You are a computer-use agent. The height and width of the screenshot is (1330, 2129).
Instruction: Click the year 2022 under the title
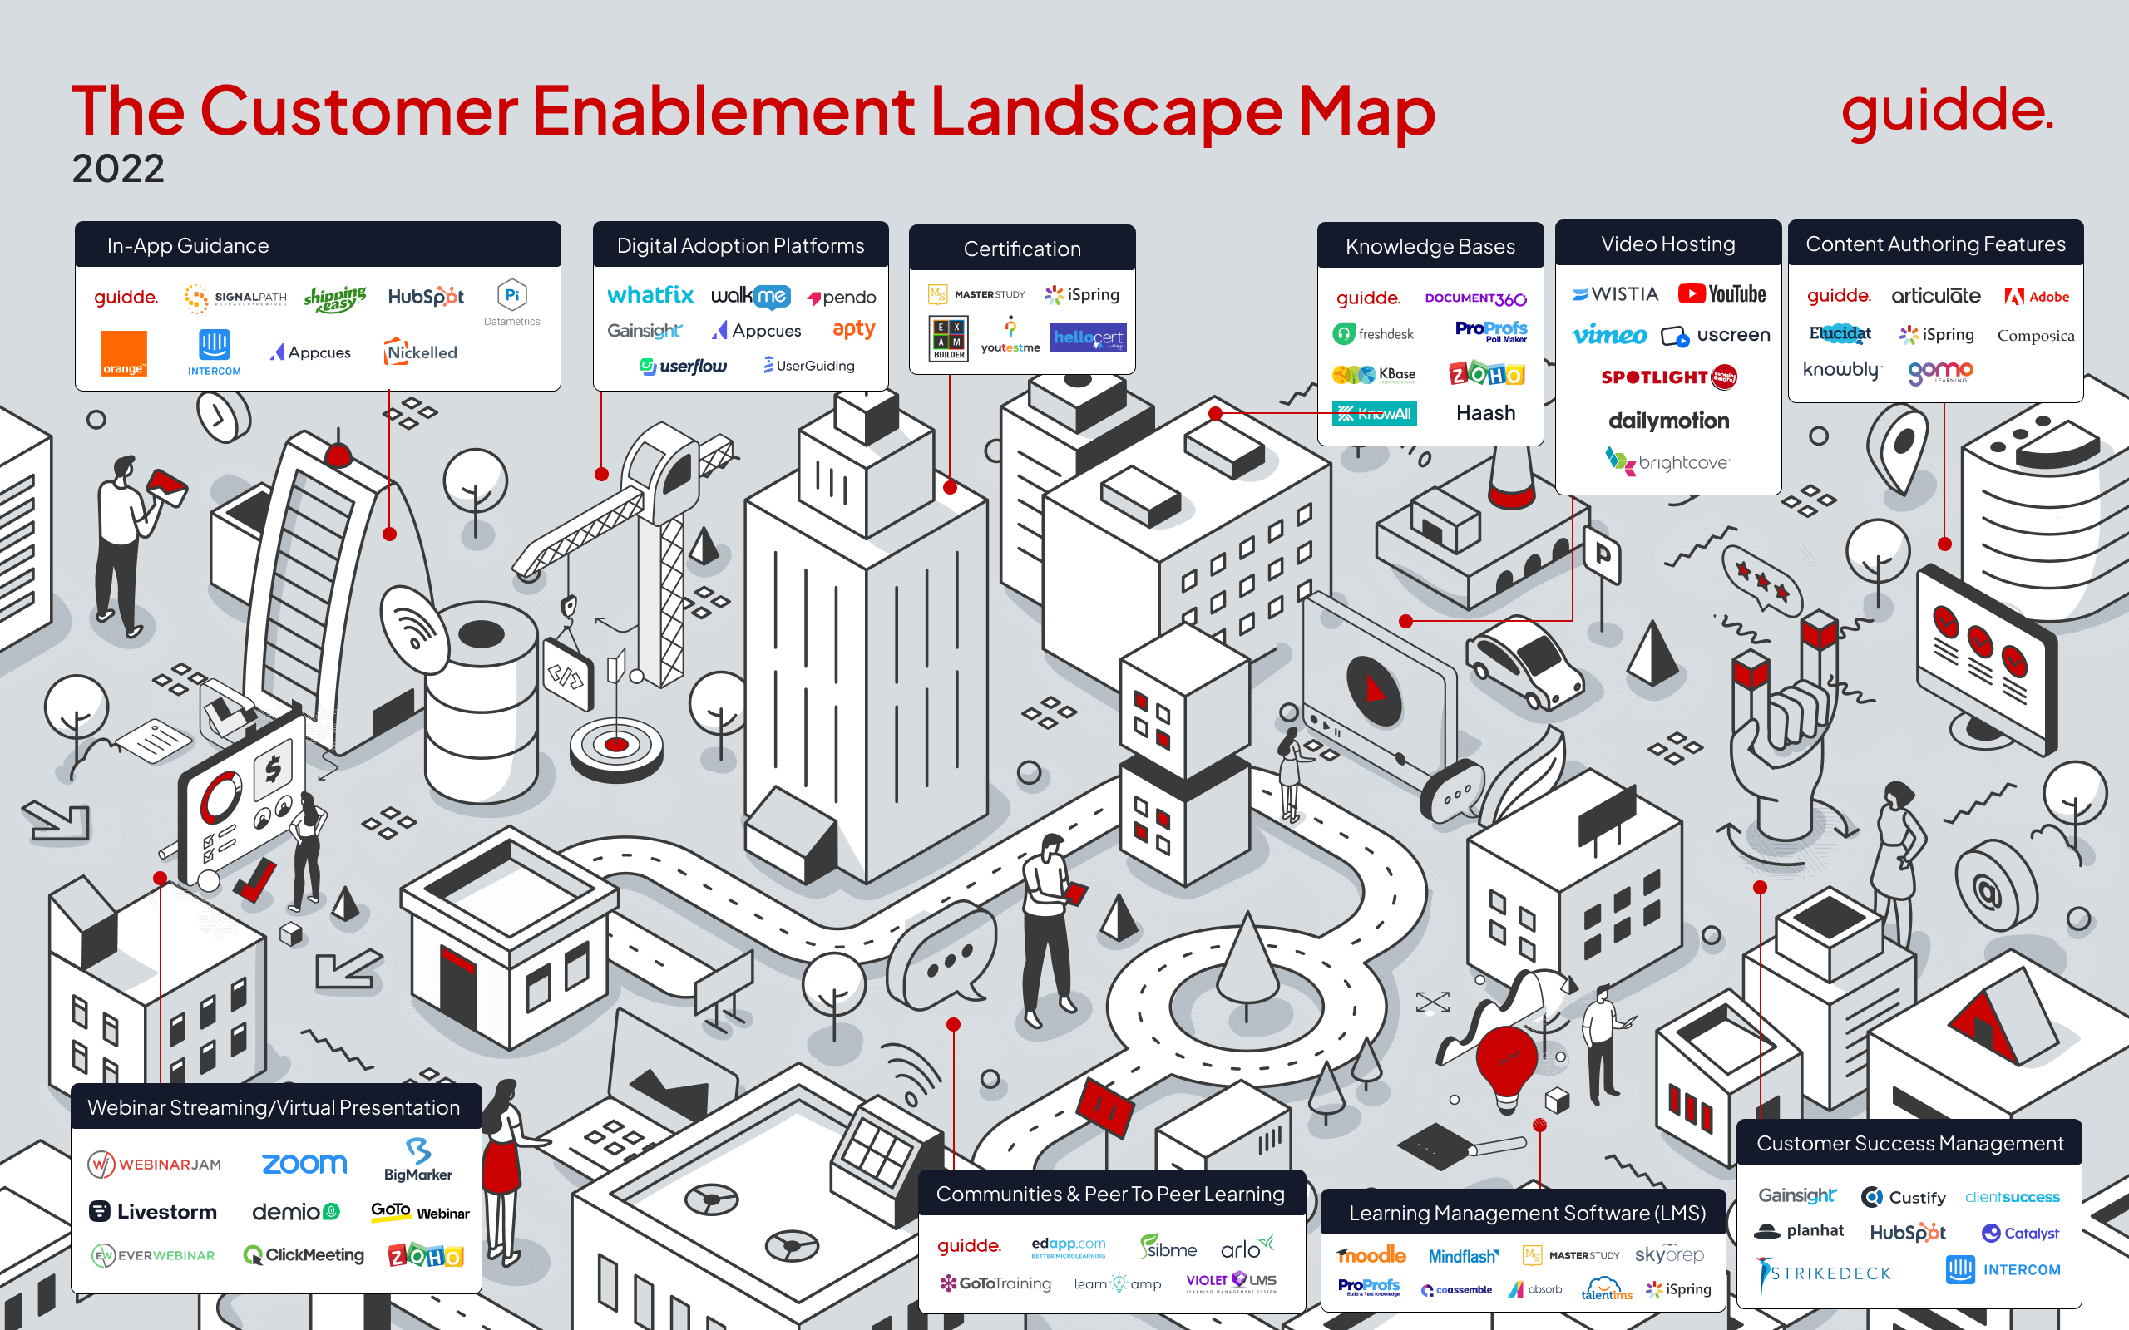pyautogui.click(x=118, y=168)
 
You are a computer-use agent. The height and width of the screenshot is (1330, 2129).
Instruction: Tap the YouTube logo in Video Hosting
pyautogui.click(x=1721, y=293)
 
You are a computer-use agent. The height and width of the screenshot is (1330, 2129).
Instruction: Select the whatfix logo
pyautogui.click(x=650, y=296)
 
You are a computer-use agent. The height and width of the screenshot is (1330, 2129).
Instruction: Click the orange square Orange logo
pyautogui.click(x=123, y=353)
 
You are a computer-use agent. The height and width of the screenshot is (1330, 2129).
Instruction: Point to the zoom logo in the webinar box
pyautogui.click(x=304, y=1164)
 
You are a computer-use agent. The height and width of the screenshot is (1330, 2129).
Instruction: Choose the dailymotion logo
pyautogui.click(x=1668, y=421)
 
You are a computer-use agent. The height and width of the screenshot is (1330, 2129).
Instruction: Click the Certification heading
pyautogui.click(x=1021, y=249)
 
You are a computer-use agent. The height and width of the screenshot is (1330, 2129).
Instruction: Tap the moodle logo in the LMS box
pyautogui.click(x=1371, y=1255)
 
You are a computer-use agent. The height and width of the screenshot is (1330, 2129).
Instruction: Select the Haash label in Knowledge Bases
pyautogui.click(x=1485, y=412)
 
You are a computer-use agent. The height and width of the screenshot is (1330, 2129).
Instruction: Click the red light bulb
pyautogui.click(x=1507, y=1063)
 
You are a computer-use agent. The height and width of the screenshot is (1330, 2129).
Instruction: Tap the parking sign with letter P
pyautogui.click(x=1602, y=555)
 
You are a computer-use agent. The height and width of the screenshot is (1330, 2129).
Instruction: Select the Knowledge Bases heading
pyautogui.click(x=1430, y=246)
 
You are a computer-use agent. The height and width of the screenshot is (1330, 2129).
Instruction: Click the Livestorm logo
pyautogui.click(x=153, y=1211)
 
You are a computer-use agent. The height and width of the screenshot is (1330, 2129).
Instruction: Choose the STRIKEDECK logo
pyautogui.click(x=1823, y=1273)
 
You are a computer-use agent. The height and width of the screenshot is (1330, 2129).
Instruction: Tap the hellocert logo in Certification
pyautogui.click(x=1088, y=337)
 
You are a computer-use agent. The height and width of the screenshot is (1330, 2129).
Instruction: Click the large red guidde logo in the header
pyautogui.click(x=1947, y=112)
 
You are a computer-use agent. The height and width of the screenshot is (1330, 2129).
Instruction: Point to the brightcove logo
pyautogui.click(x=1667, y=462)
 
